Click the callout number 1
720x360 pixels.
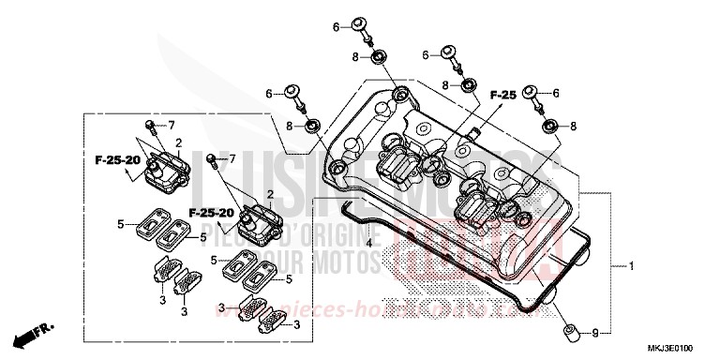click(631, 267)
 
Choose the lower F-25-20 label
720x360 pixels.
click(211, 213)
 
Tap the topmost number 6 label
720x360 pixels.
click(336, 28)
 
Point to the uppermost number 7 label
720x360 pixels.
click(172, 125)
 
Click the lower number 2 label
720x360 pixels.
click(270, 193)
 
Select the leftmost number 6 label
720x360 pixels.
click(268, 94)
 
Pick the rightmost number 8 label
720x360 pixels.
click(572, 126)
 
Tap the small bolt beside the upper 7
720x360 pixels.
click(149, 126)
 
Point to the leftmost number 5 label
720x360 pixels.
click(120, 224)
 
